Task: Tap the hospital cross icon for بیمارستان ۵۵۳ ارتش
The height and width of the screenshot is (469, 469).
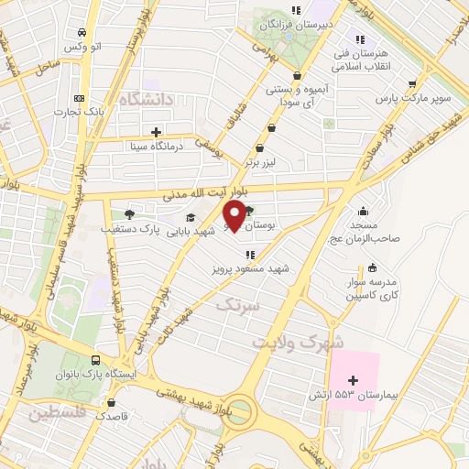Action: click(x=354, y=379)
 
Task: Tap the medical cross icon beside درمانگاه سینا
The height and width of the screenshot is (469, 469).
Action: click(x=157, y=132)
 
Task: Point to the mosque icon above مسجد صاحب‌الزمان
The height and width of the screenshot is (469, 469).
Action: click(x=365, y=211)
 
